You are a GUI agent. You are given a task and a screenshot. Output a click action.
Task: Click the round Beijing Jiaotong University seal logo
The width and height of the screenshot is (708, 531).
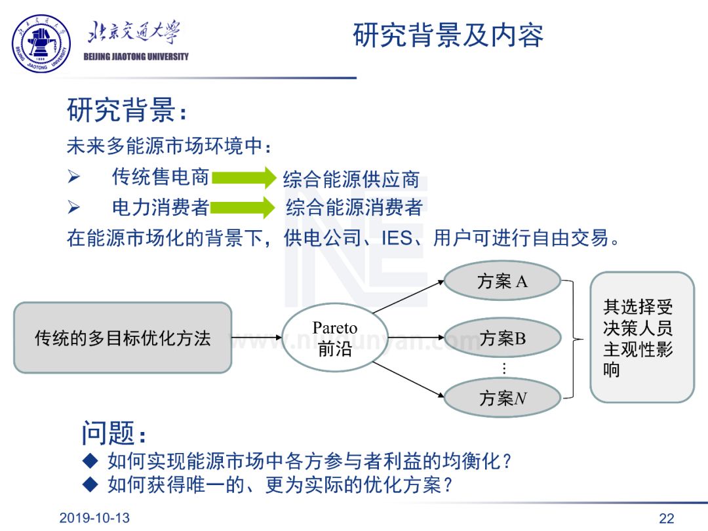coord(42,43)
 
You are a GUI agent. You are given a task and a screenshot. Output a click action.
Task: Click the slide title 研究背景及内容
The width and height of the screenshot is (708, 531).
coord(448,35)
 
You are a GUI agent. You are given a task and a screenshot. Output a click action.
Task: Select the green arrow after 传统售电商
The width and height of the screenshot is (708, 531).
coord(243,178)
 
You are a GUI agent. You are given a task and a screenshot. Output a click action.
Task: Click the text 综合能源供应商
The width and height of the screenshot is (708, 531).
coord(351,179)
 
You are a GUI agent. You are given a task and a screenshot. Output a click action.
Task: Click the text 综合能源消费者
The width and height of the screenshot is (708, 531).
coord(354,208)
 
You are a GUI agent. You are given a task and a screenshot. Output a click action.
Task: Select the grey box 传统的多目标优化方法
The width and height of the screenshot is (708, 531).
coord(123,338)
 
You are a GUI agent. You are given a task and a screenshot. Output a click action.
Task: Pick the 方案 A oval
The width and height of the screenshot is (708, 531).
coord(502,282)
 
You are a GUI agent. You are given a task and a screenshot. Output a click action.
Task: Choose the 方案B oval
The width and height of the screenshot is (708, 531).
coord(502,338)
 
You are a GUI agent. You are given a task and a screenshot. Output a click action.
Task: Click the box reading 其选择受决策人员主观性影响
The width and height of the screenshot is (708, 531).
coord(641,337)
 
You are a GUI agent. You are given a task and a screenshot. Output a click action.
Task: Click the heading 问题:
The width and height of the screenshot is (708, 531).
coord(113,434)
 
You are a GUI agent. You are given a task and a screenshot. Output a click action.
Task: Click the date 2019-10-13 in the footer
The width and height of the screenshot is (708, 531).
coord(94,518)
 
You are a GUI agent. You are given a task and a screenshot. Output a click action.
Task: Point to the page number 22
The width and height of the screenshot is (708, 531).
coord(666,519)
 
